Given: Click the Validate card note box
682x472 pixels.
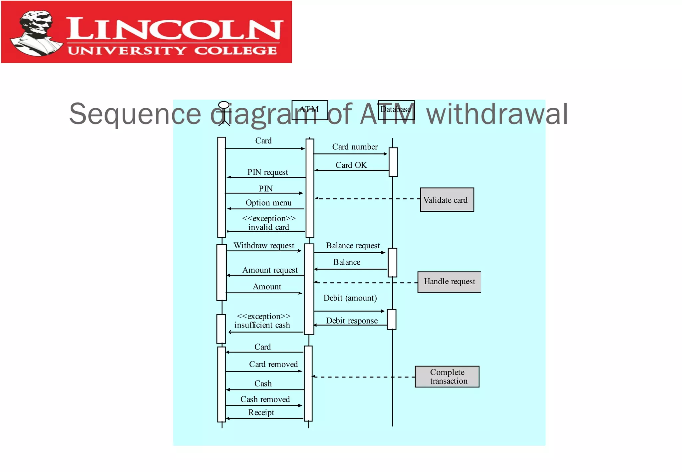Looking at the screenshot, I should (x=447, y=200).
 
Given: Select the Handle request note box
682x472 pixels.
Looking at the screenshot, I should (x=449, y=282).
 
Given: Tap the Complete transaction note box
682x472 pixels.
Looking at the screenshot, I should (x=447, y=376).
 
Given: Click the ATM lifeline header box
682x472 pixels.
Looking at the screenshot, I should (x=310, y=110).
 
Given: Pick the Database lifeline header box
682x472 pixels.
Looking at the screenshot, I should (x=396, y=110).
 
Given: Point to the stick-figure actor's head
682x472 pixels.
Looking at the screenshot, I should (x=224, y=105).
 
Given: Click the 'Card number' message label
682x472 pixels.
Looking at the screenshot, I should (x=355, y=147).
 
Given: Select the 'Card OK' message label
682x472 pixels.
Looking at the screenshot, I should (x=351, y=165).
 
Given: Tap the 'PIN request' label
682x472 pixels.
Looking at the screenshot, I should (x=267, y=172).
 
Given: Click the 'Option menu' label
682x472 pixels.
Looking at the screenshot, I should (x=268, y=203).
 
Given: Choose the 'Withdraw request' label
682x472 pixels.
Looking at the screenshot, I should (x=264, y=246).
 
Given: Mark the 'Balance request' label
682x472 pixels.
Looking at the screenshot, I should (x=353, y=246).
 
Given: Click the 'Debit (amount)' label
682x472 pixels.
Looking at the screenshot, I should (x=350, y=298).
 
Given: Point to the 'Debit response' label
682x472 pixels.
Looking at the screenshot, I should (x=352, y=321).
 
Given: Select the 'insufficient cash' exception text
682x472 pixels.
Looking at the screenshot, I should (x=262, y=325).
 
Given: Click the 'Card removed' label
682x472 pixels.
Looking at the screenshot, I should (x=273, y=364).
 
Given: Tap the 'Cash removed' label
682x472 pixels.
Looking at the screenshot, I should (x=265, y=399).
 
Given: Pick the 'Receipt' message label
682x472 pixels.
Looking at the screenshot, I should (x=261, y=412).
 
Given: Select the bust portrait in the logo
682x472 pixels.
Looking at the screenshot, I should (x=36, y=32).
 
